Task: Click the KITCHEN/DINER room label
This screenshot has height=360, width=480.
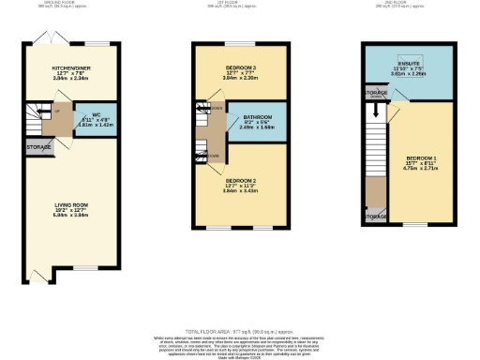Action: coord(69,67)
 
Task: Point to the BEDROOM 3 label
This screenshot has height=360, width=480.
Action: coord(241,68)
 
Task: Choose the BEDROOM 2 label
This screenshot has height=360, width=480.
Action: coord(242,179)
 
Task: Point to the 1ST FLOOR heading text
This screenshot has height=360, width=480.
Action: coord(240,4)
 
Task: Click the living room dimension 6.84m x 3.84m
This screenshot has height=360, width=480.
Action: coord(69,215)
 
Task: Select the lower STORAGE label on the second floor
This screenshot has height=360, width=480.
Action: coord(375,217)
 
